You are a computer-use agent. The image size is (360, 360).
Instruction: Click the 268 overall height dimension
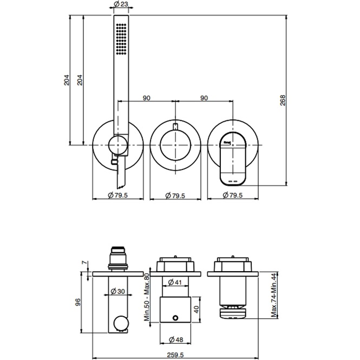pyautogui.click(x=283, y=102)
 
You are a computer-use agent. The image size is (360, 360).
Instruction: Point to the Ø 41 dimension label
pyautogui.click(x=175, y=282)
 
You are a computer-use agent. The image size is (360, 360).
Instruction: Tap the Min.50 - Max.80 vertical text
pyautogui.click(x=147, y=296)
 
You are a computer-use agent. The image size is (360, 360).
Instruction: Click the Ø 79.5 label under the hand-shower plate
pyautogui.click(x=117, y=195)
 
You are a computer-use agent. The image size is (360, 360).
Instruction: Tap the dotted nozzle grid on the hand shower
pyautogui.click(x=121, y=39)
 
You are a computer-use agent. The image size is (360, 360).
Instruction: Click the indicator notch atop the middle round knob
pyautogui.click(x=175, y=127)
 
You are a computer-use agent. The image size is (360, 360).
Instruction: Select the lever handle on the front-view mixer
pyautogui.click(x=233, y=159)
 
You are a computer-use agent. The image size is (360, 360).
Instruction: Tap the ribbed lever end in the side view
pyautogui.click(x=234, y=312)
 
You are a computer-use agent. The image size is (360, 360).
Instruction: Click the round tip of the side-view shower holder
pyautogui.click(x=121, y=324)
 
